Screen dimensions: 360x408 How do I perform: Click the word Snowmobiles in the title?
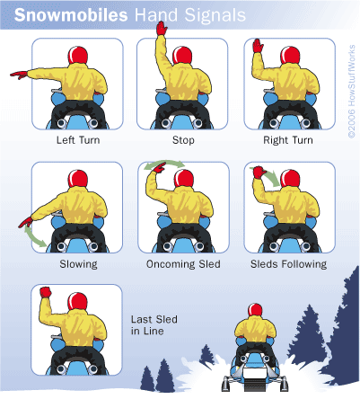pos(71,15)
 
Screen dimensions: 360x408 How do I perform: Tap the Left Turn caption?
pos(78,140)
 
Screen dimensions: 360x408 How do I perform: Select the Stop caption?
pos(183,140)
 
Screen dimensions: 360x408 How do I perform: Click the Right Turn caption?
pos(288,140)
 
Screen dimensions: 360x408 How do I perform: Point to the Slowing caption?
pos(78,264)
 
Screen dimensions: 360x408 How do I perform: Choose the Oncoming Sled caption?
pos(183,264)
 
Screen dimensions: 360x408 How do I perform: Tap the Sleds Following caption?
pos(288,264)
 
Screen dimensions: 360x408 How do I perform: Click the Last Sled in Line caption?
pos(154,325)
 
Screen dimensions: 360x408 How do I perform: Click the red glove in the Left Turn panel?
pos(19,75)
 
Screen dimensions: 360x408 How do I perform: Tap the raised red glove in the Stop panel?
pos(162,29)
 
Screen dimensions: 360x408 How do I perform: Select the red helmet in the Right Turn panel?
pos(290,56)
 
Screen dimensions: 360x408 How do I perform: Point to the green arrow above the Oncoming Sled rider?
pos(164,164)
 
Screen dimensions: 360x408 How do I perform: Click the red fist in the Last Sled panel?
pos(46,292)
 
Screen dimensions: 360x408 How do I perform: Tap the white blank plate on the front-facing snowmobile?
pos(254,374)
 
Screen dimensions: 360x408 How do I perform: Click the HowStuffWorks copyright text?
pos(352,92)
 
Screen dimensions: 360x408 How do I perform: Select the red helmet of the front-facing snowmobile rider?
pos(255,310)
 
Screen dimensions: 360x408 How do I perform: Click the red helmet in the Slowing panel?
pos(78,179)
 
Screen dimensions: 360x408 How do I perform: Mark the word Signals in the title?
pos(215,16)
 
